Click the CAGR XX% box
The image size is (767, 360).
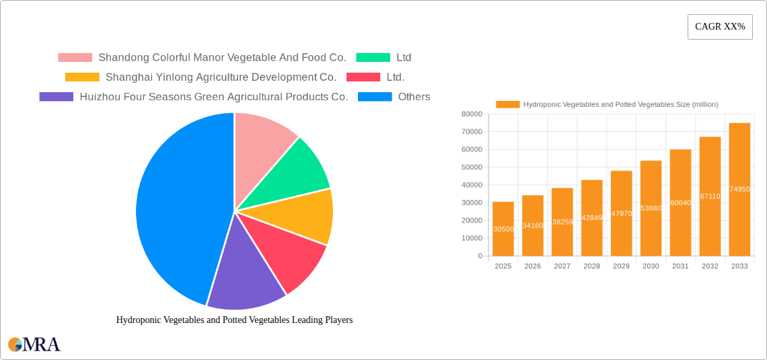[x=720, y=27]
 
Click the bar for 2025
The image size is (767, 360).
[x=503, y=229]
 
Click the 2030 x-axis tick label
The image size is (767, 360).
[x=651, y=266]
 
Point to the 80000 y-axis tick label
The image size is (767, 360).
[x=471, y=114]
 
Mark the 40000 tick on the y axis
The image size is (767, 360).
[x=471, y=185]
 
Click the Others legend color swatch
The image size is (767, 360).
[x=375, y=97]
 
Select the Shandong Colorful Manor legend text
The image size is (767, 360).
[x=222, y=58]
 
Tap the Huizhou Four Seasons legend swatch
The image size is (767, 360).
[x=57, y=97]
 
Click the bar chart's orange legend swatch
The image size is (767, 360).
[x=508, y=104]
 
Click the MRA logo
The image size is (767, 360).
[x=34, y=345]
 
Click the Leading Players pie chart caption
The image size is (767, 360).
[x=234, y=320]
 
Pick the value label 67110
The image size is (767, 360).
[x=710, y=196]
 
